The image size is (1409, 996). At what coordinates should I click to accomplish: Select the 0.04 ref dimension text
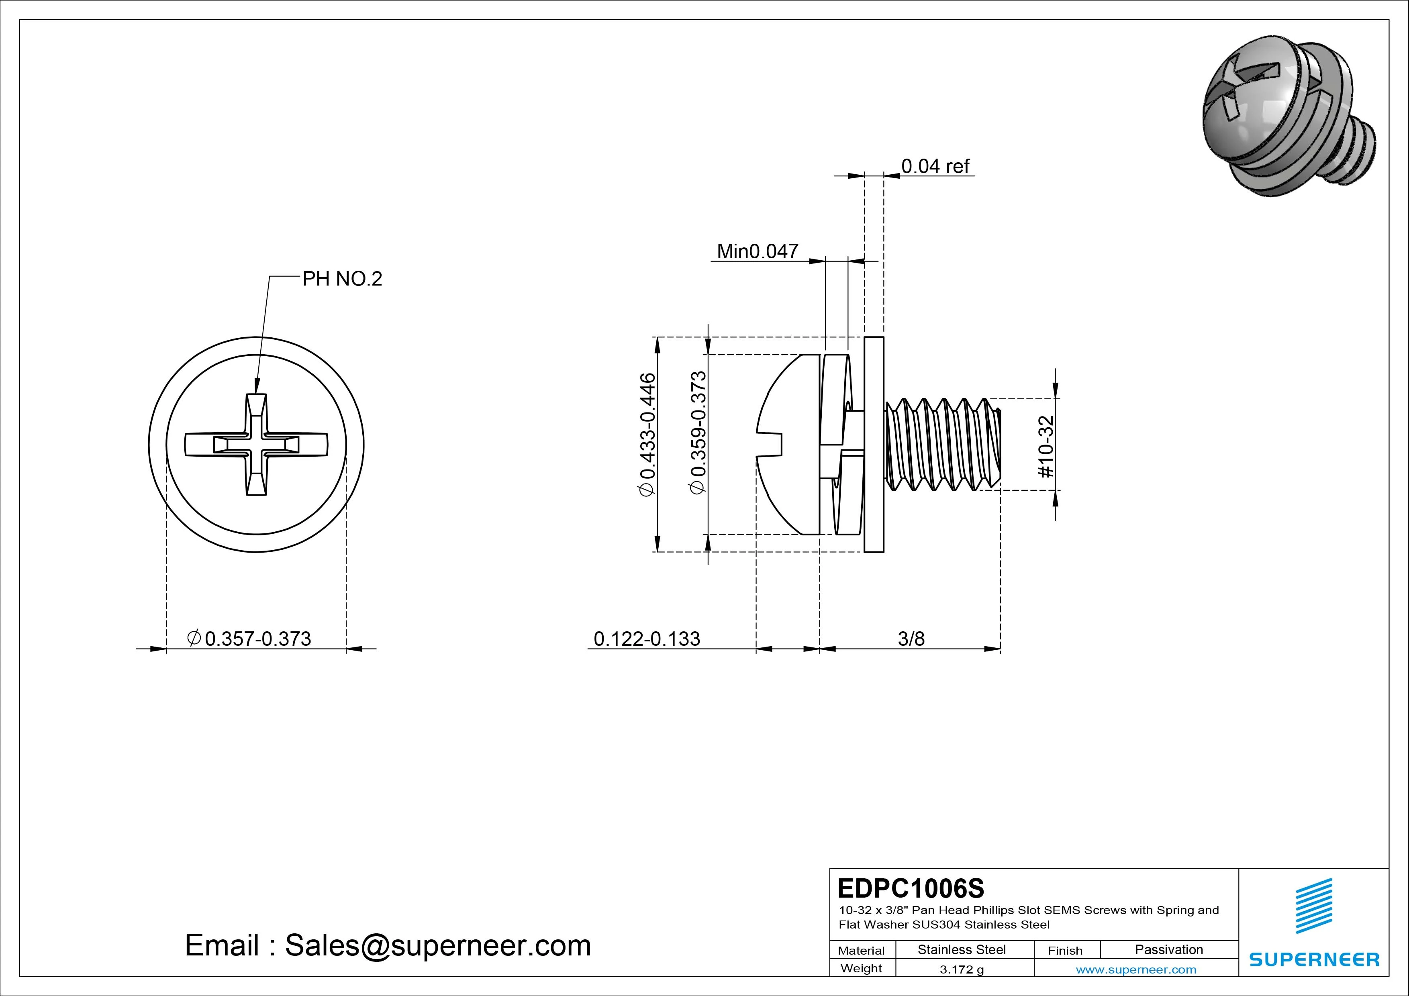935,166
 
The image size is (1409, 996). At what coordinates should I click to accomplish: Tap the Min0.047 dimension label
757,251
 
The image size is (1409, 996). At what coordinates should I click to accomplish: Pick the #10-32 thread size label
1046,446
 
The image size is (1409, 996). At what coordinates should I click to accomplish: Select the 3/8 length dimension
911,639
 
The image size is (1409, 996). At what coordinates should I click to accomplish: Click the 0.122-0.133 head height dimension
647,639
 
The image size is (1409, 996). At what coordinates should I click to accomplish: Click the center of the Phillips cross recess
257,444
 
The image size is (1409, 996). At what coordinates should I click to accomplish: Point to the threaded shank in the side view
941,444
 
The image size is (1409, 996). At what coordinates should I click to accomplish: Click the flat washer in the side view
874,444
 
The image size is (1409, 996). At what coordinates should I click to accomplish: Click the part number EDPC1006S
911,888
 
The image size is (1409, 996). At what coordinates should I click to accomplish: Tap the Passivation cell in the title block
1168,949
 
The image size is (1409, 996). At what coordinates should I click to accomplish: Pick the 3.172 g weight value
962,969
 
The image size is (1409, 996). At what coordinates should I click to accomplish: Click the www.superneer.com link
1136,969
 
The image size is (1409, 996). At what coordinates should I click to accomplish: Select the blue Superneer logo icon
1314,905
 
